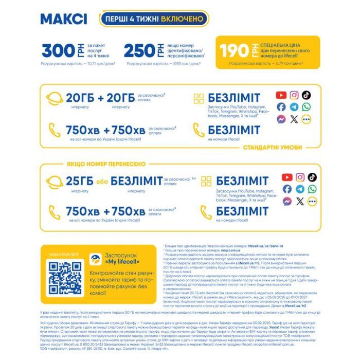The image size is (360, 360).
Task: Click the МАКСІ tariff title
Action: [64, 19]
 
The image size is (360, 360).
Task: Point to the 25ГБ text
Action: [79, 181]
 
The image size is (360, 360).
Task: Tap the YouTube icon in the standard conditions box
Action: [281, 95]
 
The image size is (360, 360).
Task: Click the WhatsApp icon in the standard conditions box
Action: [307, 107]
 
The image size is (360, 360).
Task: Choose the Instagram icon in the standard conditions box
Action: [294, 95]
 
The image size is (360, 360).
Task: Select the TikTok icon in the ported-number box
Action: [312, 177]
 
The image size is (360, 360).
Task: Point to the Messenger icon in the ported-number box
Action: [287, 201]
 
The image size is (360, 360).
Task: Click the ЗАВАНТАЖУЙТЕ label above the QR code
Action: [64, 254]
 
